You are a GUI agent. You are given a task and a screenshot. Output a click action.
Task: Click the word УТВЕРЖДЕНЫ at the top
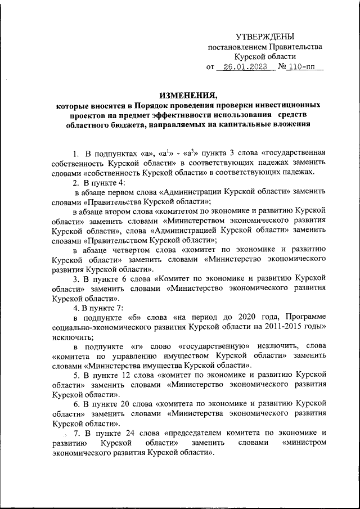click(265, 36)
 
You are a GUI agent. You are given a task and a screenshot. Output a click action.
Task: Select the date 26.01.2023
click(244, 67)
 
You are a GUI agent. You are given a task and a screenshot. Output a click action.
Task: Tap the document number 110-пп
click(303, 67)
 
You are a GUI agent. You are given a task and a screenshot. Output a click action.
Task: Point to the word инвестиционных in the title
click(287, 105)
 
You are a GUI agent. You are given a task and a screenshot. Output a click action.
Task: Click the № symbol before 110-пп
click(282, 67)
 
